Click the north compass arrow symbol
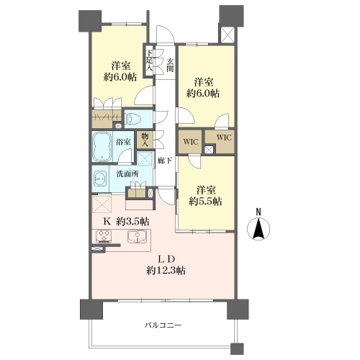258,228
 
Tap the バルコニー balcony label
163,325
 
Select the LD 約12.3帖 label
166,265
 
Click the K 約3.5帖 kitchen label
126,221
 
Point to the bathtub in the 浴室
102,147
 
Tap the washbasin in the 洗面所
101,179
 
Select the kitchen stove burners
104,235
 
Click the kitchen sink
137,235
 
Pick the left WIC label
191,142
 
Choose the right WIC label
224,138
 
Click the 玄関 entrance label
170,65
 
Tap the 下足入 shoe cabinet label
150,60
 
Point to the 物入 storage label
145,140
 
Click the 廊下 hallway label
165,161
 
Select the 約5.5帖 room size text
205,201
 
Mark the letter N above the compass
258,212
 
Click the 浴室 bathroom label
123,142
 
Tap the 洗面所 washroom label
127,174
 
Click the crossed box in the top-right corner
227,35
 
